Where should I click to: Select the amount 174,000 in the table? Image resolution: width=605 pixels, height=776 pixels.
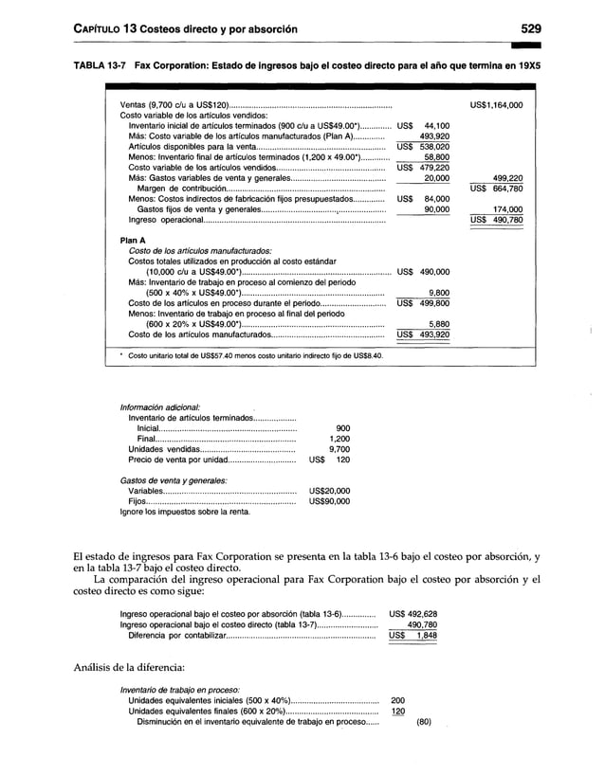[x=507, y=209]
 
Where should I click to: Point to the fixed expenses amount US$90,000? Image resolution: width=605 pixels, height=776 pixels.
[x=329, y=502]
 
